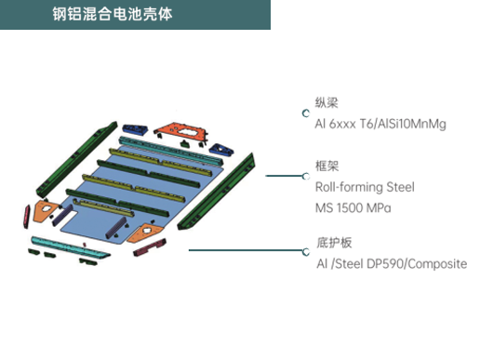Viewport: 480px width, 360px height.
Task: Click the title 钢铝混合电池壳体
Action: point(113,14)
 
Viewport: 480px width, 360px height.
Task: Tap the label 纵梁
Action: point(327,102)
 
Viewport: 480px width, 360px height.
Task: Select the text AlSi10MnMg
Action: point(411,124)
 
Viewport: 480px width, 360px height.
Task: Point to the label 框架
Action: point(327,166)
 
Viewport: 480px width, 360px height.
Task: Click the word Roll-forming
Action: point(349,187)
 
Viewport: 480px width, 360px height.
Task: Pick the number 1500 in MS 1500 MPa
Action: point(350,207)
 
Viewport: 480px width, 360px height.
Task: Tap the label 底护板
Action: point(334,243)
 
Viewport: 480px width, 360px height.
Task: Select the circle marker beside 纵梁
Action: point(306,113)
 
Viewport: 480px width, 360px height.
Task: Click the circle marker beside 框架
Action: point(306,176)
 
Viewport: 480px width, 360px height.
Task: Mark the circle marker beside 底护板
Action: point(306,251)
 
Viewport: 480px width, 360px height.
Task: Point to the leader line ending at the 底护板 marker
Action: point(246,250)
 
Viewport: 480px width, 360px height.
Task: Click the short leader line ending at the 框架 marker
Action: point(284,176)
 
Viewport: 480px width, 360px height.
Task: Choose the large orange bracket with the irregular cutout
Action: point(180,132)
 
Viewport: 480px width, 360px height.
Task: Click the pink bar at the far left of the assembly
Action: point(27,217)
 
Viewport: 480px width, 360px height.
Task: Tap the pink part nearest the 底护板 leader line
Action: point(150,247)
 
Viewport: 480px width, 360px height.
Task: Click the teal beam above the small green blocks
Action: point(71,247)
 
